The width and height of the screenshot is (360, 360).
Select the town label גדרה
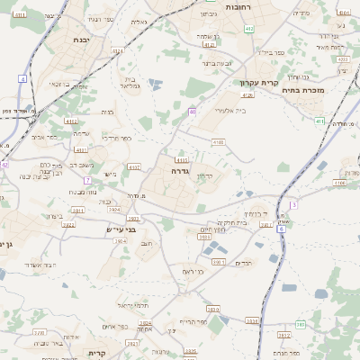point(176,169)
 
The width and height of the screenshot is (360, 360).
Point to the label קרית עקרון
point(256,82)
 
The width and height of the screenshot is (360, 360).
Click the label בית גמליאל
point(131,83)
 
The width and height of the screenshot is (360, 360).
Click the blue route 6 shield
point(281,229)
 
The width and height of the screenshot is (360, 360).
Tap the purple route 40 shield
point(192,112)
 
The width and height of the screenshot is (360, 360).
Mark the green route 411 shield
point(319,121)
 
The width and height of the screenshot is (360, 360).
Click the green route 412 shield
point(248,29)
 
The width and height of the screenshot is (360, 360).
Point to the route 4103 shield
point(217,141)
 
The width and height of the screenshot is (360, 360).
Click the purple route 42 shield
point(4,165)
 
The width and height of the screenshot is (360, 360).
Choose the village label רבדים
point(244,262)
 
